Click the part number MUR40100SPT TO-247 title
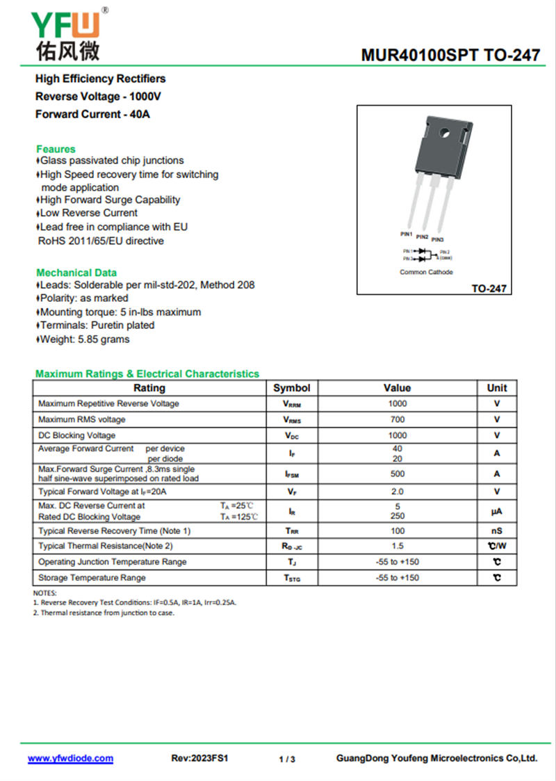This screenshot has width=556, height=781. click(x=450, y=56)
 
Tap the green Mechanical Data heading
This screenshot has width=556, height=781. click(x=76, y=273)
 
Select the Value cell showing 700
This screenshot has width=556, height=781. click(x=398, y=419)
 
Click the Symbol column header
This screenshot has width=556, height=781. click(x=291, y=388)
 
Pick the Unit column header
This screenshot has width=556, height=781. click(x=497, y=388)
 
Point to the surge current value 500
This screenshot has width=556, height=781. click(x=398, y=474)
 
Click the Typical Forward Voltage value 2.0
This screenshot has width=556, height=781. click(x=398, y=492)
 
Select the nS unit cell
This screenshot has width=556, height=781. click(x=497, y=531)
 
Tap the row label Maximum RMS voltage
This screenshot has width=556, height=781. click(x=82, y=419)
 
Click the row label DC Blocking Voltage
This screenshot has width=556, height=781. click(x=77, y=435)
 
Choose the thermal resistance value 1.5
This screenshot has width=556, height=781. click(x=398, y=547)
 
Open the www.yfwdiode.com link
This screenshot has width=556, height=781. click(x=70, y=759)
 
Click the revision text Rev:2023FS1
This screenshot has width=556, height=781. click(x=199, y=759)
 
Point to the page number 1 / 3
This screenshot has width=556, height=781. click(x=287, y=759)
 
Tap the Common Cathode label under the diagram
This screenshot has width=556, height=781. click(x=426, y=272)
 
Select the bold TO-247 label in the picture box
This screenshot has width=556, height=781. click(x=489, y=289)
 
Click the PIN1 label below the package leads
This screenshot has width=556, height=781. click(x=407, y=234)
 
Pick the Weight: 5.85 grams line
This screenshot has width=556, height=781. click(x=84, y=339)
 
